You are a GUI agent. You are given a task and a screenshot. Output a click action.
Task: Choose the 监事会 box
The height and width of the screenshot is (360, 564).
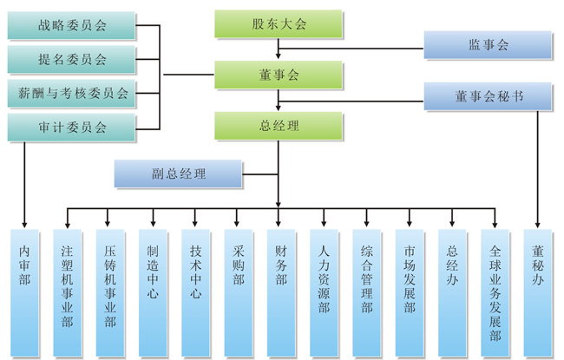488,45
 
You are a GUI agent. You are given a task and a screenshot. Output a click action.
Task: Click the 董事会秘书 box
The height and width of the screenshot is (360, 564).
488,96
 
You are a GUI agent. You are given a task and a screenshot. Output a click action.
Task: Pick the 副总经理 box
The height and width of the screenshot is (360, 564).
178,173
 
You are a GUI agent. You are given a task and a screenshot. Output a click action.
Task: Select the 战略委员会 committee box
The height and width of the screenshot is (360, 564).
72,26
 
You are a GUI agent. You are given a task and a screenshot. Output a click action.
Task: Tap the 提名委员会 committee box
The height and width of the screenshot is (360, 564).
72,60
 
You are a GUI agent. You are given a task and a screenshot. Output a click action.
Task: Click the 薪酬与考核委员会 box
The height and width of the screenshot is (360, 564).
72,94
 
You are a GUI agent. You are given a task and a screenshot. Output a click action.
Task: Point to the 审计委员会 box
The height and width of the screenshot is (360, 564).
72,128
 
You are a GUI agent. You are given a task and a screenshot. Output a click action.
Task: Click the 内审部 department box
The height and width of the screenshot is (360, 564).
24,291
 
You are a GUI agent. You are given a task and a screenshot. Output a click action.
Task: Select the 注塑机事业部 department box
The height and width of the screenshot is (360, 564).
67,291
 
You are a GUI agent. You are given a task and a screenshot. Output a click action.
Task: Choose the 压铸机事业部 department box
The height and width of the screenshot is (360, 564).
109,291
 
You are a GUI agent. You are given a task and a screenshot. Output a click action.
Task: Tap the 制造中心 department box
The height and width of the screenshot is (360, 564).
153,291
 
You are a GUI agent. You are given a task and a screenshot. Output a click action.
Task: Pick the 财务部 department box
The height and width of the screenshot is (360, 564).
280,291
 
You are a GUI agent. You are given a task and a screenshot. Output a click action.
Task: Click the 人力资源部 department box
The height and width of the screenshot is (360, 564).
324,291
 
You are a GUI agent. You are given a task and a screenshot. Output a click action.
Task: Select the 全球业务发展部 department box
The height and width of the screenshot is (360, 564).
495,291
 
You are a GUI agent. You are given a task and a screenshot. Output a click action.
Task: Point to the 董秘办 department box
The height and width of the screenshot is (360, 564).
538,291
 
